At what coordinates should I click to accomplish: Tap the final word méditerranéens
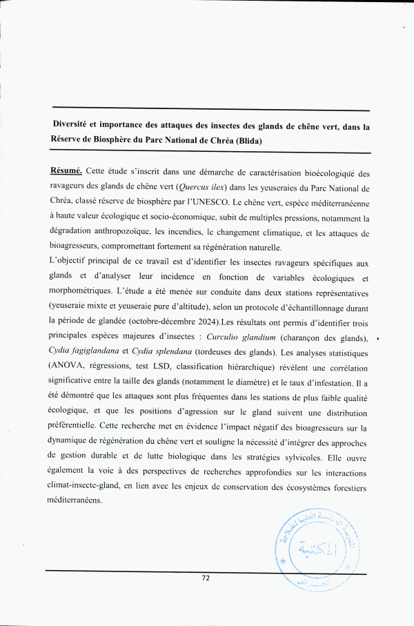[75, 500]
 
